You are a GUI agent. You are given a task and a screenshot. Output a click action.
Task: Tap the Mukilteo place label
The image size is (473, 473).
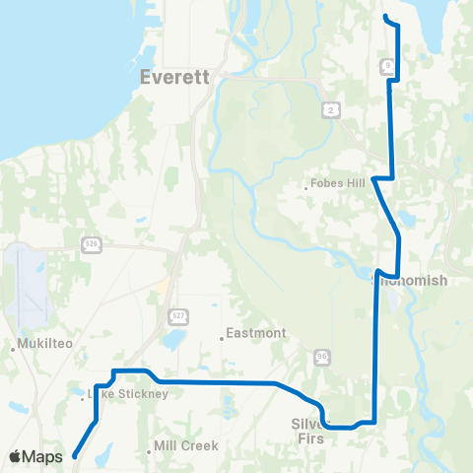pyautogui.click(x=41, y=346)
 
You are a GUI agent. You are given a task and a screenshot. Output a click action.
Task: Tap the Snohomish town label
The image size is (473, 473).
pyautogui.click(x=410, y=281)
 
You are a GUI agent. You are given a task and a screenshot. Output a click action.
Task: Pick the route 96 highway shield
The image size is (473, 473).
pyautogui.click(x=321, y=355)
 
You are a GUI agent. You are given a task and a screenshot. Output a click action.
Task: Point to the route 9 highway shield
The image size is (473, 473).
pyautogui.click(x=389, y=65)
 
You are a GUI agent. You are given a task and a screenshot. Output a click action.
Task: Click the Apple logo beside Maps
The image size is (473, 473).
pyautogui.click(x=17, y=456)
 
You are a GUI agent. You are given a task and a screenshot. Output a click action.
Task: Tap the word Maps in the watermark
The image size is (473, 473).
pyautogui.click(x=42, y=456)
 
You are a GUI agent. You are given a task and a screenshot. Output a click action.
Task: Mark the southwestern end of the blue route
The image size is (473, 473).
pyautogui.click(x=75, y=456)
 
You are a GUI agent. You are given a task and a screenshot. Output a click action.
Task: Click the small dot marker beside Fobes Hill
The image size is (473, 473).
pyautogui.click(x=306, y=183)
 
